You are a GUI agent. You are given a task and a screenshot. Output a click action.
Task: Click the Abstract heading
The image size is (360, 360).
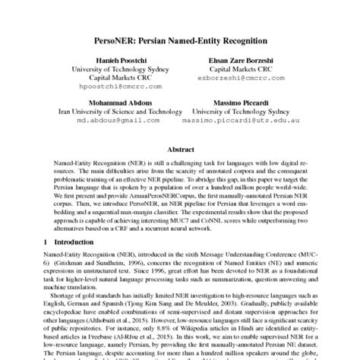pyautogui.click(x=180, y=150)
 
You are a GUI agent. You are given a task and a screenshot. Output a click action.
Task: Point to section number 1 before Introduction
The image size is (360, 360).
pyautogui.click(x=46, y=241)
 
